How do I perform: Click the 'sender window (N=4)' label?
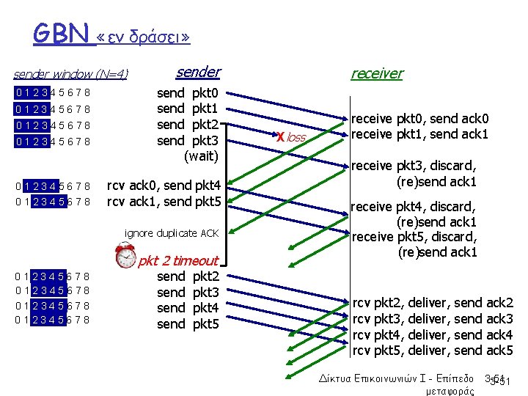coord(70,74)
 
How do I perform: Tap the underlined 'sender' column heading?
coord(198,72)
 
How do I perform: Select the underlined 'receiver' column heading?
coord(376,73)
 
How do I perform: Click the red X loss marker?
coord(280,136)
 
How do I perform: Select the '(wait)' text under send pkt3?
coord(201,155)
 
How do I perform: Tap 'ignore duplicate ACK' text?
coord(172,233)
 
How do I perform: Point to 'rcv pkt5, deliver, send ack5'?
coord(433,351)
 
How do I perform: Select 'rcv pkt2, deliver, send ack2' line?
coord(433,303)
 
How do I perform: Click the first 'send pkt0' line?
coord(188,93)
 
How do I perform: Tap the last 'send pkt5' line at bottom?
coord(188,323)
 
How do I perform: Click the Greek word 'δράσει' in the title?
coord(154,36)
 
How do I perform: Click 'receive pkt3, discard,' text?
coord(414,166)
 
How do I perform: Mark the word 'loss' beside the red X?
coord(296,137)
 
